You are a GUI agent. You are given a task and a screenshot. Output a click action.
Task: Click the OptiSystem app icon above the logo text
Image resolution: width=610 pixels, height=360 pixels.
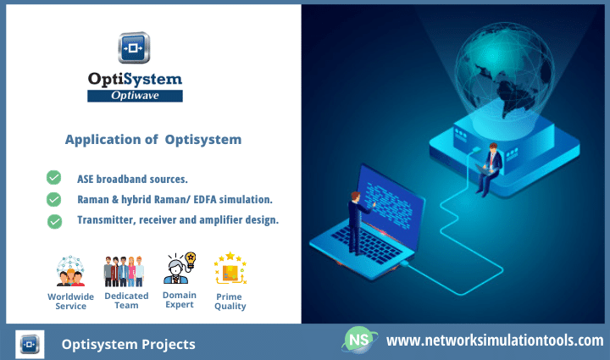134,47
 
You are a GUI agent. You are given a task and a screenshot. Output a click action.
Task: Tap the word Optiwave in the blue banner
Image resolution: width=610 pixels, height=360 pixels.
135,96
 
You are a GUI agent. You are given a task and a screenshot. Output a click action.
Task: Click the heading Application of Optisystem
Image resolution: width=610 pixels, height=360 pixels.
153,140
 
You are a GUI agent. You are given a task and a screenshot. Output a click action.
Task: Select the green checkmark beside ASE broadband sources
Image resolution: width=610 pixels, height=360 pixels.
53,177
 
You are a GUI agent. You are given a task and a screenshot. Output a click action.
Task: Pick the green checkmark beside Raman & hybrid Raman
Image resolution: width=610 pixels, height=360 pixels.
53,199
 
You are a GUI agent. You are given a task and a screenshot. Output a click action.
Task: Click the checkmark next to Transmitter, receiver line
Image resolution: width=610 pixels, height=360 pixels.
54,222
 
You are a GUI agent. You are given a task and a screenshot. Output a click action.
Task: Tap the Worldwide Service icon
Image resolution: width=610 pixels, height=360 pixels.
70,271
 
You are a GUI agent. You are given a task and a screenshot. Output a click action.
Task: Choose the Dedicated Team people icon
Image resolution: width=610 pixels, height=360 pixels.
124,271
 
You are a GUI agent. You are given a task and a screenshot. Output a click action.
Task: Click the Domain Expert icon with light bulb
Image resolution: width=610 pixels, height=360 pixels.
180,268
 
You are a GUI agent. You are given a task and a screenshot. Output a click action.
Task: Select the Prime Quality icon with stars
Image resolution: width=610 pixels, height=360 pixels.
230,269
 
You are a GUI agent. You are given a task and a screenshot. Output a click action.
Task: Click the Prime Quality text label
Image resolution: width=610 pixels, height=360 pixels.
230,302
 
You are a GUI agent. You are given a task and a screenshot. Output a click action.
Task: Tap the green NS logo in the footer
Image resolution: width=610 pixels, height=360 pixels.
359,341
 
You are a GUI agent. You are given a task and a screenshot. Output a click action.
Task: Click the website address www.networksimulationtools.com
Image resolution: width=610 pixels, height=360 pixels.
495,341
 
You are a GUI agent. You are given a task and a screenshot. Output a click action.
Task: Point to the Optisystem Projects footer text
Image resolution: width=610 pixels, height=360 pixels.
129,345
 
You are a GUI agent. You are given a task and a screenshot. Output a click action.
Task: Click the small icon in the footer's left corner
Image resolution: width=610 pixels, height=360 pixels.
30,345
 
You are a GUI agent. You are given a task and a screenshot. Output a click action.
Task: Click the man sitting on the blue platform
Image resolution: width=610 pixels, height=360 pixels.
490,169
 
